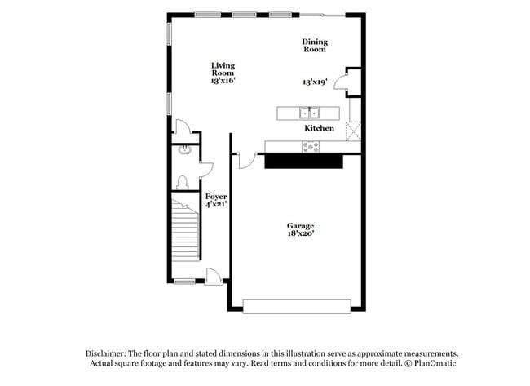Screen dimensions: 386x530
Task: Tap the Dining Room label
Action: [314, 46]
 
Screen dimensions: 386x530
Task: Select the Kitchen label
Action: [319, 129]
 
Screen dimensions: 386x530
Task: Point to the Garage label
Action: [300, 226]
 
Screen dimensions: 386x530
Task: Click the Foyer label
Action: [216, 197]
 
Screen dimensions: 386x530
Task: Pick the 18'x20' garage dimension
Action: [300, 234]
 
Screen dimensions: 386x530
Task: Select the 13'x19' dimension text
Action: [314, 82]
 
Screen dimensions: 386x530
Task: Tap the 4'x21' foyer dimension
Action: [216, 205]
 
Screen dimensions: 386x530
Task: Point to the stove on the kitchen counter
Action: [311, 147]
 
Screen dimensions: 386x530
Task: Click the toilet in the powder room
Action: [183, 182]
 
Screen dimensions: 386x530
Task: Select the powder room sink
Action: [183, 150]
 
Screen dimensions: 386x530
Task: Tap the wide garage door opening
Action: [297, 306]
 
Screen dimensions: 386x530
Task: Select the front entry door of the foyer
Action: [214, 277]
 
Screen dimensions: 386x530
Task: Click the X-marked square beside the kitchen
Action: [353, 131]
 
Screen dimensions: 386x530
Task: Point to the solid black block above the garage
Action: [303, 162]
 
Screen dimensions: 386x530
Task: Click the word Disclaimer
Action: [108, 353]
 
